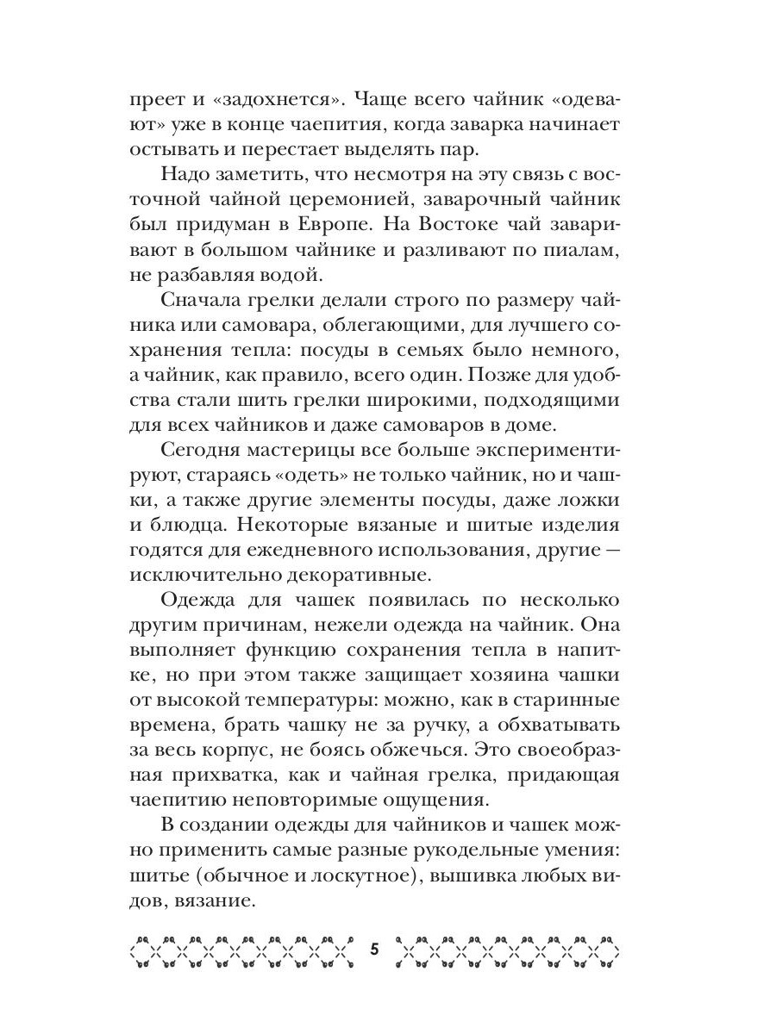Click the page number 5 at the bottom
(x=374, y=950)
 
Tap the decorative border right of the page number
(x=509, y=952)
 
